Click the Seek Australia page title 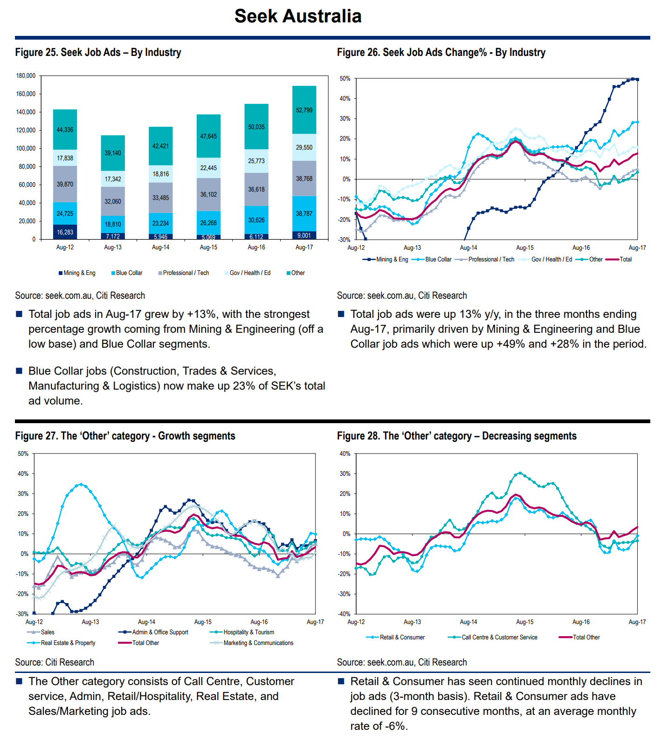(x=298, y=16)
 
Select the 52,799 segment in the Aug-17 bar (x=304, y=110)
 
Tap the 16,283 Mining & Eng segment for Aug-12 (x=65, y=232)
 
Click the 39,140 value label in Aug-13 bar (x=113, y=153)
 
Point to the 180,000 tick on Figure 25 (x=26, y=75)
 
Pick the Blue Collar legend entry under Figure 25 (x=127, y=273)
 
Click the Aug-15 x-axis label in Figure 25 (x=208, y=247)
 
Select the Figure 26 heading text (x=441, y=53)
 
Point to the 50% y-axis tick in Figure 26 (x=345, y=79)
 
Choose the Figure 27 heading (x=125, y=436)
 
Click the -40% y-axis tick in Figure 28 (x=344, y=614)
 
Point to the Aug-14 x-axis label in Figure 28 (x=468, y=622)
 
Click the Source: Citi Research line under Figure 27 (x=55, y=662)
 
